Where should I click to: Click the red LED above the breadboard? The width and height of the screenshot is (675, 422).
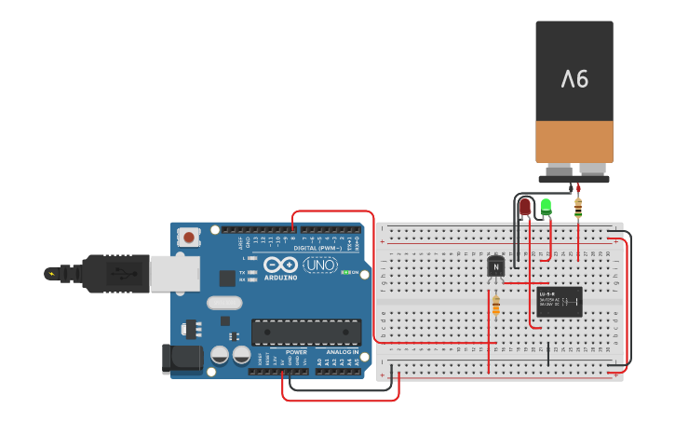point(525,206)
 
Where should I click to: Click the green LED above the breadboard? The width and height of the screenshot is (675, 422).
point(547,206)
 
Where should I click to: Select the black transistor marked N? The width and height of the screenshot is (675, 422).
point(496,267)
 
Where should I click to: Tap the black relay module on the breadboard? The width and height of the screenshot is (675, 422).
point(560,301)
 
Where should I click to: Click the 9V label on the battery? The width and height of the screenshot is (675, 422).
point(574,79)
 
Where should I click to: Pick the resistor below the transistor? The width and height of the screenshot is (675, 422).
point(495,305)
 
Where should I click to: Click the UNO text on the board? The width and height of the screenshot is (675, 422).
point(321,265)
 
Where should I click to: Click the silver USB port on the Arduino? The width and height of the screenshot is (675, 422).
point(175,272)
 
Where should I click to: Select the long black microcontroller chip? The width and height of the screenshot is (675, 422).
point(306,332)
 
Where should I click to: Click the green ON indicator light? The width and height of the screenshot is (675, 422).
point(345,272)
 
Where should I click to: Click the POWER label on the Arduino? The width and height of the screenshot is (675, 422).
point(296,352)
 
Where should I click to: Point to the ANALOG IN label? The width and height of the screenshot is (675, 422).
point(342,352)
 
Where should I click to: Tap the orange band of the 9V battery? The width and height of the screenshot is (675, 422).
point(574,142)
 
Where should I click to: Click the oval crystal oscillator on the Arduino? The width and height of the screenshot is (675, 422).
point(224,303)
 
